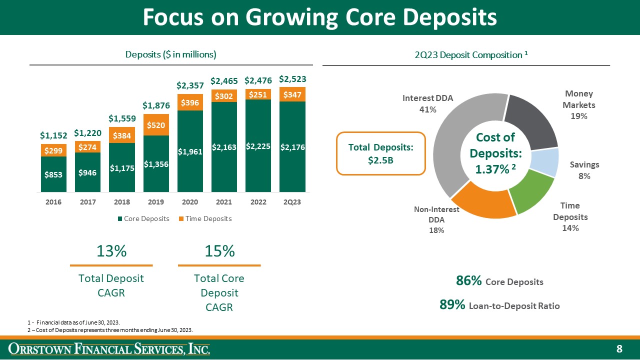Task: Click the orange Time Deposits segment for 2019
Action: (156, 125)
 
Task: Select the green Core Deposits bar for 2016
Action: (54, 174)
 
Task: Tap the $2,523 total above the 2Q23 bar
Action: (292, 79)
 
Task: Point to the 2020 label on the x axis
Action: (190, 202)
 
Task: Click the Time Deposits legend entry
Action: (206, 218)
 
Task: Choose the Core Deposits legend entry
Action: (143, 218)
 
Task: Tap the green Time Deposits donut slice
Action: (531, 192)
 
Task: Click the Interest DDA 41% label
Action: (427, 103)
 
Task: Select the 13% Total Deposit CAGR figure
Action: (111, 251)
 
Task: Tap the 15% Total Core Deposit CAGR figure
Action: (219, 251)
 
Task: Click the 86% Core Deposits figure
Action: (469, 281)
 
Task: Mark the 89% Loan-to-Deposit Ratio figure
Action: (452, 304)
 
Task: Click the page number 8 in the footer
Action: (619, 348)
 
